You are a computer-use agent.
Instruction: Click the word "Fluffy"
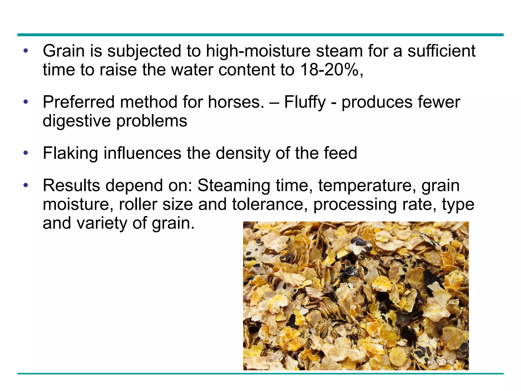point(305,102)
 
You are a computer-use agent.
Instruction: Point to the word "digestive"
point(77,121)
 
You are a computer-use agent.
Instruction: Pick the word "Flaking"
point(70,153)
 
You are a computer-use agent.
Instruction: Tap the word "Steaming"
point(233,186)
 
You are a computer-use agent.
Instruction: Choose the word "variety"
point(102,223)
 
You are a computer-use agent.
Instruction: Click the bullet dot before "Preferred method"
point(25,102)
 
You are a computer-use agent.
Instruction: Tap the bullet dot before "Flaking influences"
point(25,153)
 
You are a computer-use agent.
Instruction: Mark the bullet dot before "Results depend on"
point(25,186)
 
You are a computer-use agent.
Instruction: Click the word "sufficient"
point(441,51)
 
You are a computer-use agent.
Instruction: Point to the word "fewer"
point(439,102)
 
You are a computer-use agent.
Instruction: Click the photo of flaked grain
point(356,296)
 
